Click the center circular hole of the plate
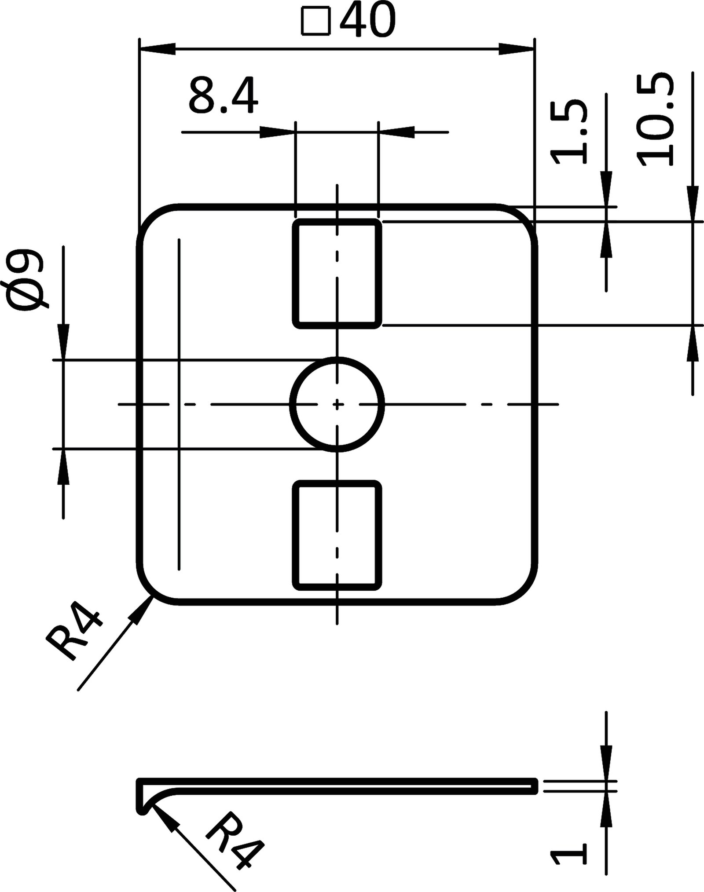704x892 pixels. click(337, 404)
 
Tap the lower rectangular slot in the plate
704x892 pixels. click(337, 535)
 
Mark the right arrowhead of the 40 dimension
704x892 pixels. click(516, 49)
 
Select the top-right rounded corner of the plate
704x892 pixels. click(521, 220)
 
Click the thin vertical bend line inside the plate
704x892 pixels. click(179, 404)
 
